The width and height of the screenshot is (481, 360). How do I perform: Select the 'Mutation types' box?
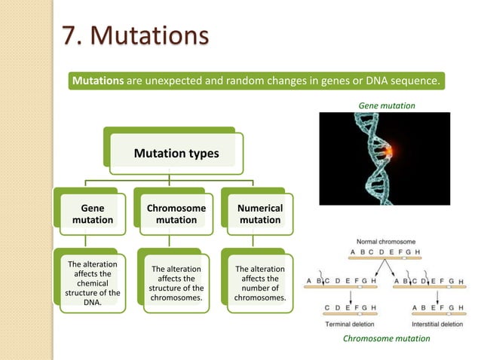point(176,154)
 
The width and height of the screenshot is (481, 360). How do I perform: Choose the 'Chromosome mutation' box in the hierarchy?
point(176,214)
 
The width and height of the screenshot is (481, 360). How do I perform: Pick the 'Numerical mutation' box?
point(260,214)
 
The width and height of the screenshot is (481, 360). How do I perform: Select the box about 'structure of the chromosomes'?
point(176,283)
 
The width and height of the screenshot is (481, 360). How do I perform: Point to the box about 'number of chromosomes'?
point(260,283)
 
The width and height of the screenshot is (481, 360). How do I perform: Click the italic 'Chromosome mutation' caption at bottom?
point(386,339)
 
